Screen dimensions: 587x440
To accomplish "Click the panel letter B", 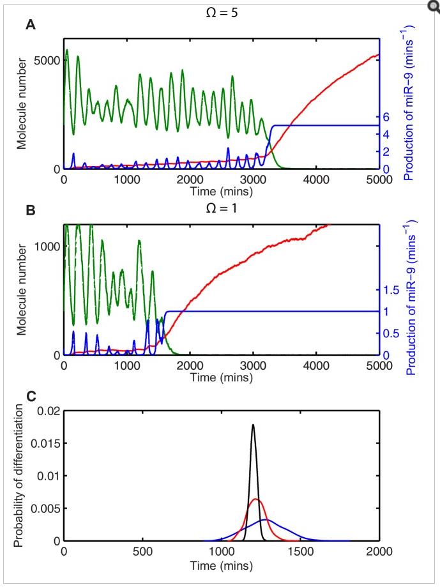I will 29,209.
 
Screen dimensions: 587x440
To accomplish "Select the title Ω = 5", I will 222,9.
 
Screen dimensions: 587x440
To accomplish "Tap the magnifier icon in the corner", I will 434,5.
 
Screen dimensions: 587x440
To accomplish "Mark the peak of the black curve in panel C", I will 253,424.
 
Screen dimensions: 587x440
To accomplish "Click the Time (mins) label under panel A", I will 221,191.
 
